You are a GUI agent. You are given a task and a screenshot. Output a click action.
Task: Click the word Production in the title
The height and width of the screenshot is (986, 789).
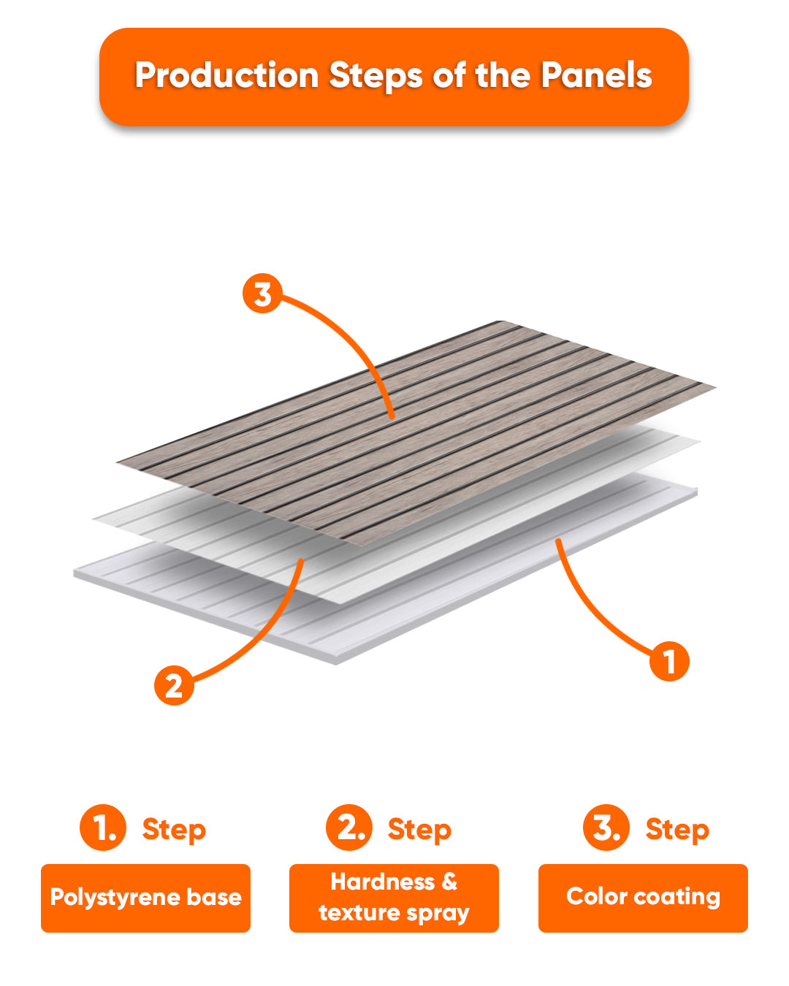coord(226,74)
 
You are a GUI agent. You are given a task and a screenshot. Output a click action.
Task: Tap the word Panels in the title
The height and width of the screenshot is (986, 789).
coord(596,74)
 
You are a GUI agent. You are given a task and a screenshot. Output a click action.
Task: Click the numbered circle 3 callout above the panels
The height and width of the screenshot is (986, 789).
coord(262,293)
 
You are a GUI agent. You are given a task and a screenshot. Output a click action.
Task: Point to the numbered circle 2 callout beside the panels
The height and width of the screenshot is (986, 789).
coord(174,685)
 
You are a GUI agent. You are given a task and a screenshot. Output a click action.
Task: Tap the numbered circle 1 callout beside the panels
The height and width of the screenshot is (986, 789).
coord(669,662)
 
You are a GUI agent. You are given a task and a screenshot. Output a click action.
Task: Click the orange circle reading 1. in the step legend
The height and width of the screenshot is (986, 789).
coord(103,827)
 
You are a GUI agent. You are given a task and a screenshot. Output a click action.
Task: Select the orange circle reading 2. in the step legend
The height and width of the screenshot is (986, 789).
coord(349,827)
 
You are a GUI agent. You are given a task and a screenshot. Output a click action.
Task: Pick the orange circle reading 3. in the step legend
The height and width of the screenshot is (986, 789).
coord(606,827)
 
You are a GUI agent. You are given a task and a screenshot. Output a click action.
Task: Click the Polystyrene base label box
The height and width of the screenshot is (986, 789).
coord(146,898)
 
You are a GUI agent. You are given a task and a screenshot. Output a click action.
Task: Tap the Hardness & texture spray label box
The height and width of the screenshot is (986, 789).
coord(394,898)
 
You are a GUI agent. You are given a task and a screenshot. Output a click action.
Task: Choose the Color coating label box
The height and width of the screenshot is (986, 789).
coord(643,898)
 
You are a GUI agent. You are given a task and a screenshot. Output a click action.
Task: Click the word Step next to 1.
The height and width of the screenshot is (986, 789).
coord(174,830)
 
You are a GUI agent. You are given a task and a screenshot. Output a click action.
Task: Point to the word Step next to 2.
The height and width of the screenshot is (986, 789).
coord(419,830)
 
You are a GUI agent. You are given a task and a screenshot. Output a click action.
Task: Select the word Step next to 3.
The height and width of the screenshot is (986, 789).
coord(677,830)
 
